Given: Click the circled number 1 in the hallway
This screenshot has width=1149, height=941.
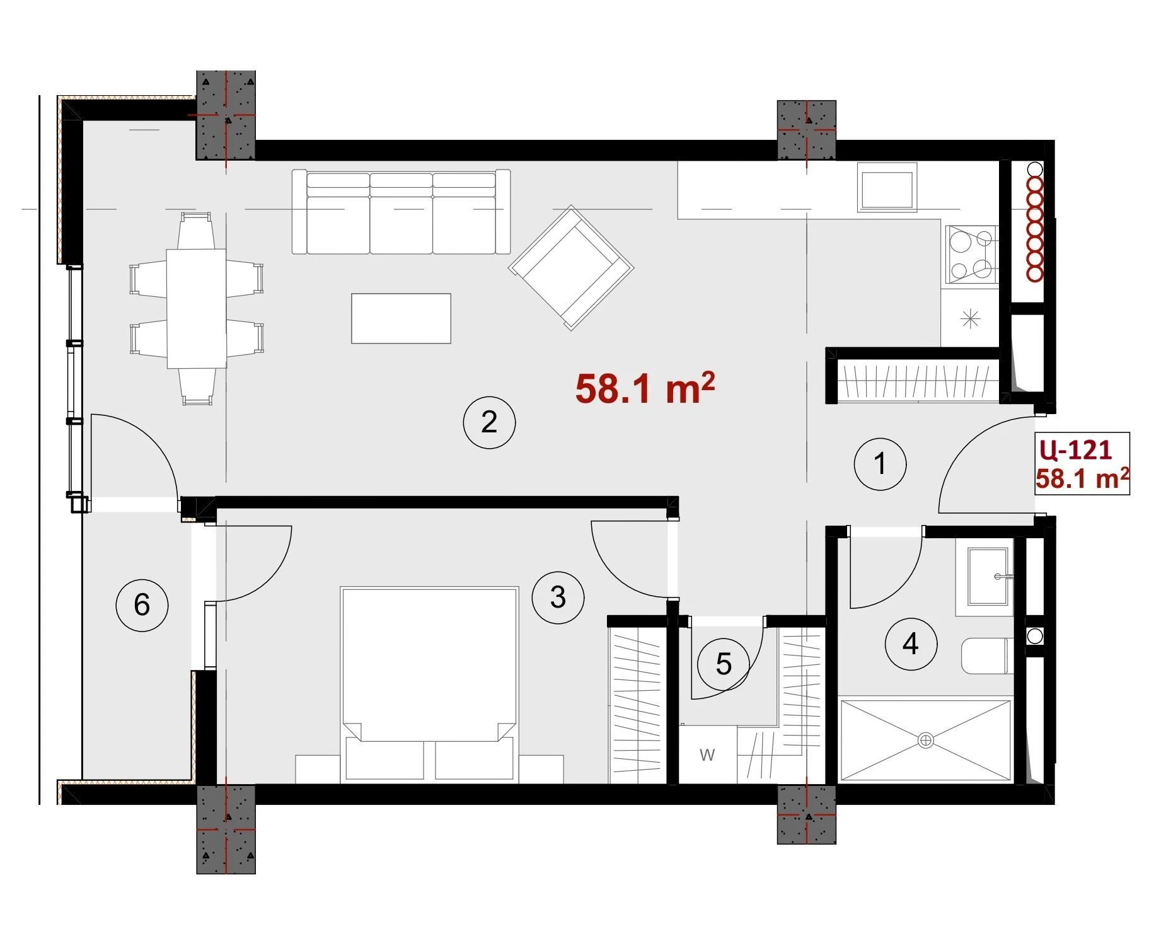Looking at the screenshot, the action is [x=880, y=464].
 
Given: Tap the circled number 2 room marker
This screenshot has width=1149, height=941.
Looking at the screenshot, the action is [x=489, y=422].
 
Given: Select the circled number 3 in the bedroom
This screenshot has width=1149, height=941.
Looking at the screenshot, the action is [x=558, y=597].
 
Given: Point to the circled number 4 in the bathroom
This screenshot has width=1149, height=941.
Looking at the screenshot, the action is [x=911, y=644].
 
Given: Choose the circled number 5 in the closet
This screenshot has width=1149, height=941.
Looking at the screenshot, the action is [x=724, y=664].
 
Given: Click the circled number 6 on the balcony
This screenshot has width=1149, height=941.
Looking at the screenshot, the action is [x=142, y=605].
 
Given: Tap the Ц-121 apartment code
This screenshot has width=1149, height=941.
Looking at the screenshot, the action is [x=1075, y=450].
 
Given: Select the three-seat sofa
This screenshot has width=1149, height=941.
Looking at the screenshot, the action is [x=401, y=211].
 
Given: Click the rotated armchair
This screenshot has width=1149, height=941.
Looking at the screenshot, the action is [x=571, y=267].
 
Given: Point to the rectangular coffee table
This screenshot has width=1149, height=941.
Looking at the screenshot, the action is [x=401, y=318].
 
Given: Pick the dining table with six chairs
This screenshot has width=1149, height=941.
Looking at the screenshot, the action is [x=196, y=309].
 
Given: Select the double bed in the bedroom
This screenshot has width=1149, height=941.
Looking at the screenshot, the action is [x=429, y=685].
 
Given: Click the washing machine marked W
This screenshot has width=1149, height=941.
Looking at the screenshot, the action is [x=708, y=754].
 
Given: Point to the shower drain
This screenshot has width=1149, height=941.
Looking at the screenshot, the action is [x=926, y=741].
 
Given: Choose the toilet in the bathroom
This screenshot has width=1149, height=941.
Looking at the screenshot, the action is [x=987, y=656].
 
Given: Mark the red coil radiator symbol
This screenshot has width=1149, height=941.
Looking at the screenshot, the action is [x=1034, y=222].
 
